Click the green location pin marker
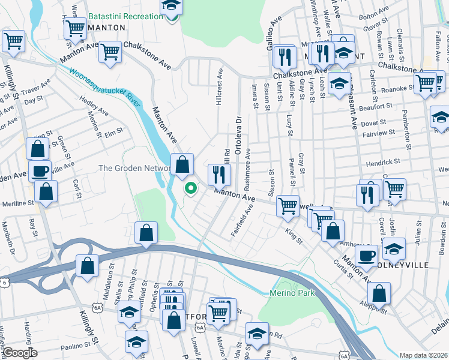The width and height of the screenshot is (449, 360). pyautogui.click(x=191, y=188)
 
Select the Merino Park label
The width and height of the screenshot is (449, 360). pyautogui.click(x=298, y=295)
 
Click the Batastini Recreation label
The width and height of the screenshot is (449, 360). pyautogui.click(x=125, y=16)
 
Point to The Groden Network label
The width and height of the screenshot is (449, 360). pyautogui.click(x=133, y=169)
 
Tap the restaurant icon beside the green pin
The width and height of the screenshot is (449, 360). pyautogui.click(x=219, y=175)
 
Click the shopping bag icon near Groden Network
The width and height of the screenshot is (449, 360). pyautogui.click(x=182, y=164)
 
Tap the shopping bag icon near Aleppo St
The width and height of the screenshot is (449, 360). pyautogui.click(x=379, y=293)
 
